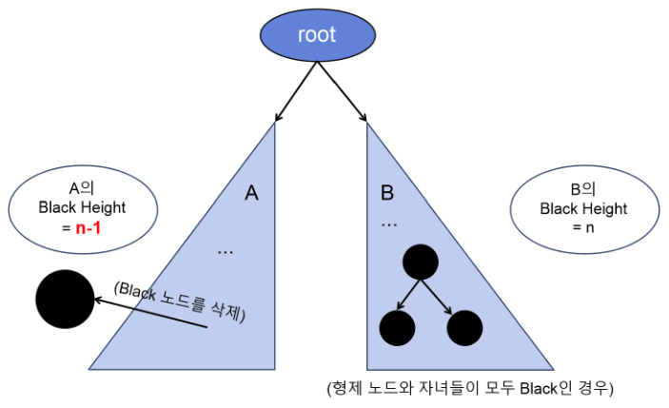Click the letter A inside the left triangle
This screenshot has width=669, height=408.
coord(251,193)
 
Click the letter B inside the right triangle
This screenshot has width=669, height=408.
coord(387,193)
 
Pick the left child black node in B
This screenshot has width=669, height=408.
coord(397,327)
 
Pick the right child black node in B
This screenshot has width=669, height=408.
coord(465,327)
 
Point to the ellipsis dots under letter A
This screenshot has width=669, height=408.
coord(226,252)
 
